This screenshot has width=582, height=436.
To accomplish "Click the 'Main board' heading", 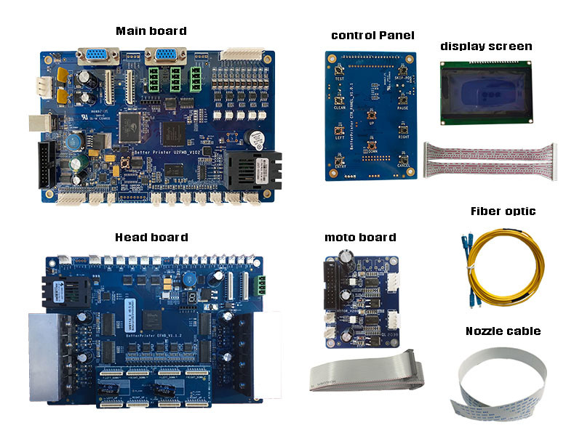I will [151, 31].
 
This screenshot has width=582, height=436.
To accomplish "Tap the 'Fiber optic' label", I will [503, 211].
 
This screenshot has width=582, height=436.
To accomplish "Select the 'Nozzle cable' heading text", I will [503, 331].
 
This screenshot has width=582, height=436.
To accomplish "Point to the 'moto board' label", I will [360, 237].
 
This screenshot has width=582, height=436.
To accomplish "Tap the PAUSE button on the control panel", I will [402, 100].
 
